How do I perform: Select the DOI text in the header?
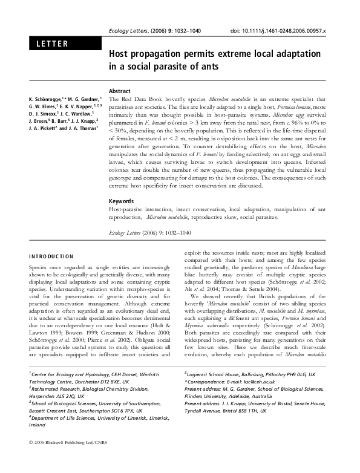click(279, 30)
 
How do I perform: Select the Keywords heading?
click(121, 201)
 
